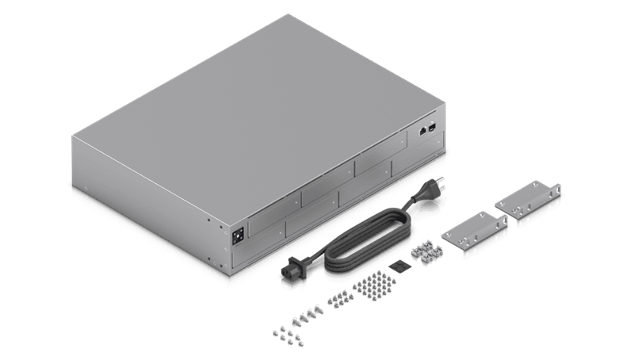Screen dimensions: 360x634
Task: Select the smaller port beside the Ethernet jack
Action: pyautogui.click(x=432, y=127)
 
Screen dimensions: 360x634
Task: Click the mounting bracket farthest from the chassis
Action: pyautogui.click(x=529, y=203)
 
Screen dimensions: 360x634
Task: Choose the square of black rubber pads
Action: pyautogui.click(x=399, y=267)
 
